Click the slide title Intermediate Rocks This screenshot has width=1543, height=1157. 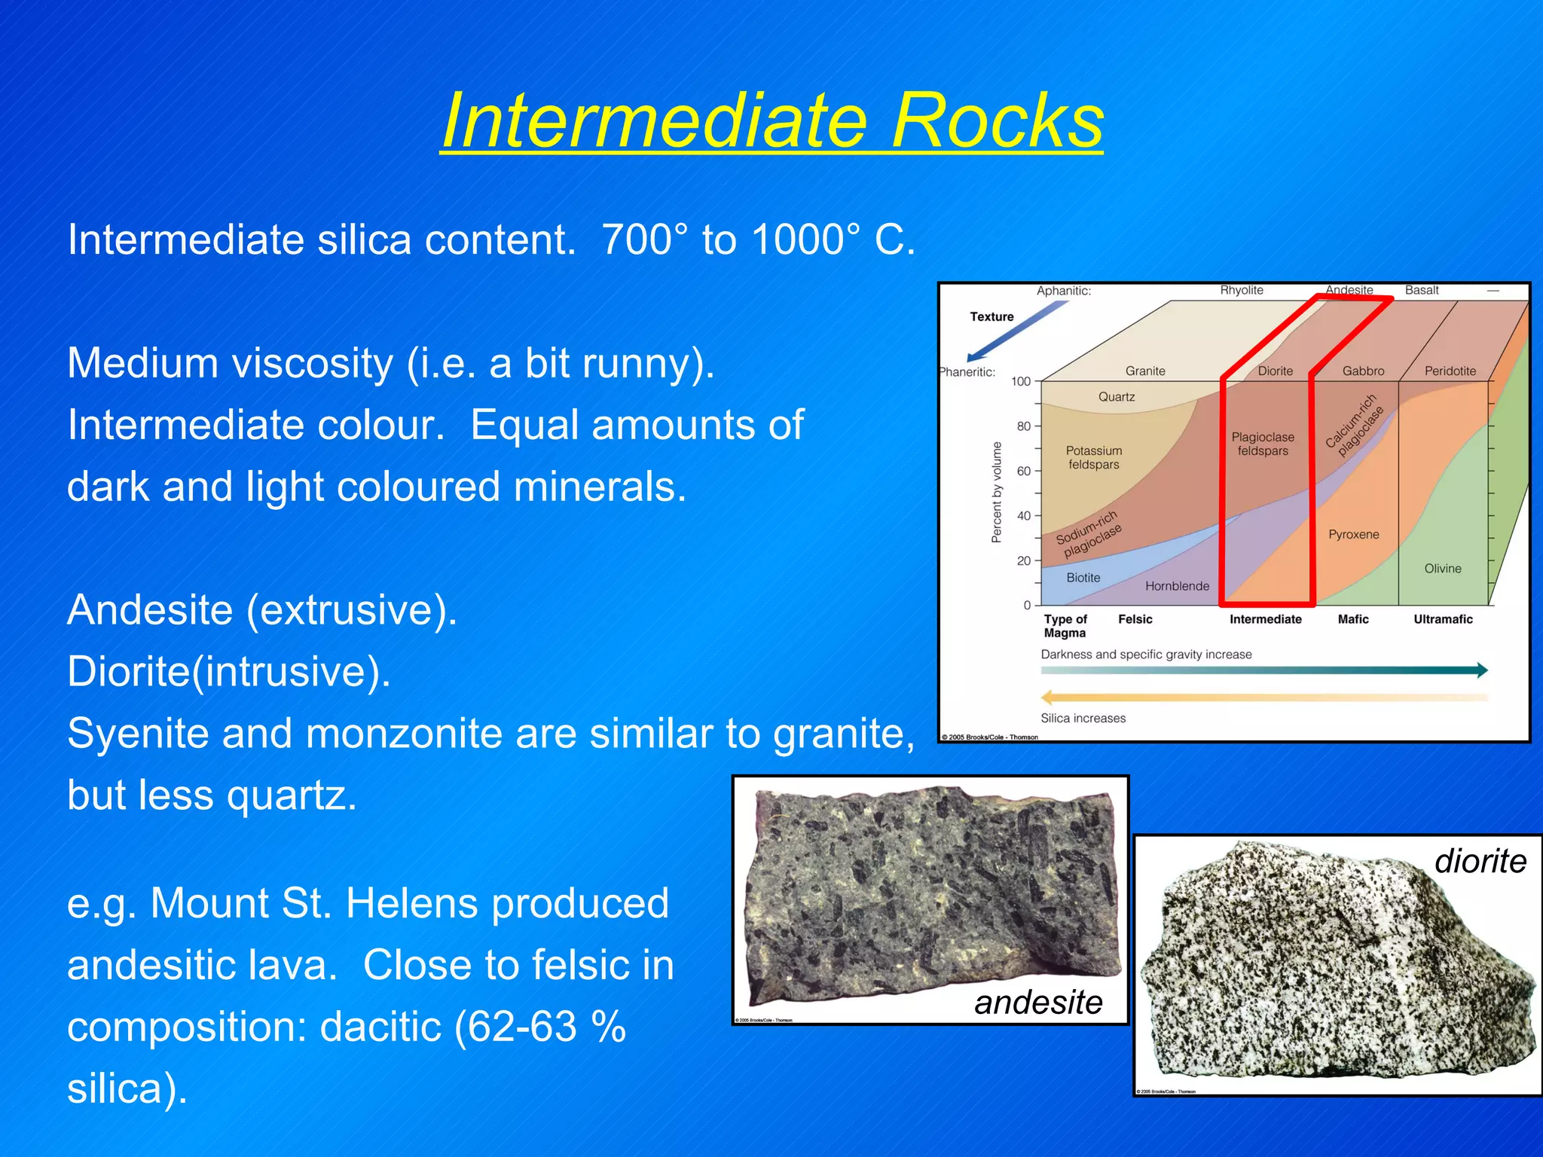click(x=771, y=121)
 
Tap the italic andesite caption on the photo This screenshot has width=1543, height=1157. click(x=1037, y=1002)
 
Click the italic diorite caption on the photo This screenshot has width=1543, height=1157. click(x=1480, y=860)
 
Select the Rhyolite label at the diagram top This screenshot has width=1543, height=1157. click(x=1241, y=290)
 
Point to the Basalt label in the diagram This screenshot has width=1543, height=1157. click(x=1421, y=290)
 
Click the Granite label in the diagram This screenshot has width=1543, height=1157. click(x=1144, y=371)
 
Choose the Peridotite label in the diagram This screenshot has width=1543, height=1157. click(x=1450, y=371)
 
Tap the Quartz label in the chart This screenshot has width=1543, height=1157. click(x=1116, y=397)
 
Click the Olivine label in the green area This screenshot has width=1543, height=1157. click(x=1442, y=569)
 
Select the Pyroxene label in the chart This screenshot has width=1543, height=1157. click(x=1353, y=535)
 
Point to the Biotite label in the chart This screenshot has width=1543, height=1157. click(x=1083, y=578)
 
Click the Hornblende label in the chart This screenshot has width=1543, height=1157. click(x=1177, y=586)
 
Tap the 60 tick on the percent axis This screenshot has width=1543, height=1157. click(x=1023, y=472)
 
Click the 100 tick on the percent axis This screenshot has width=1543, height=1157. click(x=1020, y=382)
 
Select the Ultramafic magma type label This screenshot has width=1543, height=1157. click(x=1442, y=619)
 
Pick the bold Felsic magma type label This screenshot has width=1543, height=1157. click(x=1135, y=619)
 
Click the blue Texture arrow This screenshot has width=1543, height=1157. click(x=1017, y=331)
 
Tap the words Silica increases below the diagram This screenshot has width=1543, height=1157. click(x=1083, y=719)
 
